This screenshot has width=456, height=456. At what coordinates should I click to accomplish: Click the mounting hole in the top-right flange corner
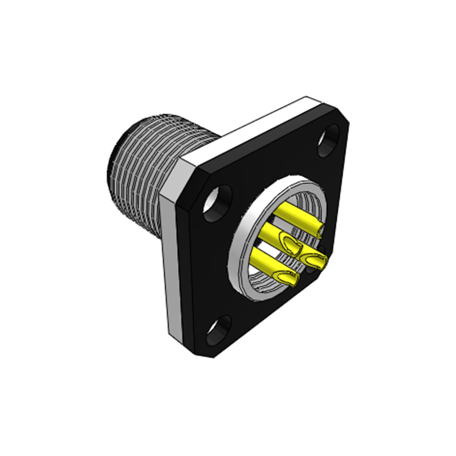click(330, 141)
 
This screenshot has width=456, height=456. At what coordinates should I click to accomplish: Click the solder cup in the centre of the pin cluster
click(292, 246)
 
